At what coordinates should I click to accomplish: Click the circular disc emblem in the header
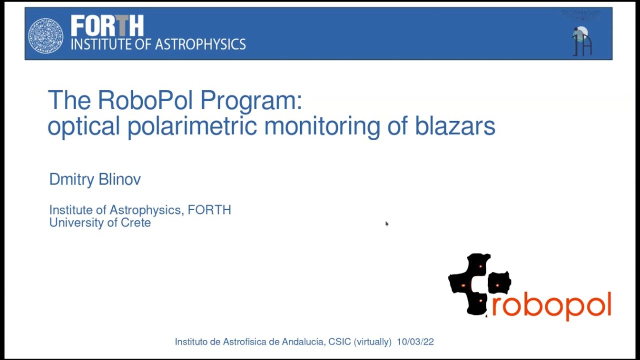click(45, 35)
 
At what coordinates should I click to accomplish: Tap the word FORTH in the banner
click(107, 25)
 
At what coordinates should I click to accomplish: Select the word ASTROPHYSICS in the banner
click(200, 44)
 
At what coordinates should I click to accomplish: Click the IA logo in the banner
click(581, 40)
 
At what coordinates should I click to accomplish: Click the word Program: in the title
click(251, 101)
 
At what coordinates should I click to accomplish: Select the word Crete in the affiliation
click(135, 222)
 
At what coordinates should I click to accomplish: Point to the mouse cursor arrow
click(386, 223)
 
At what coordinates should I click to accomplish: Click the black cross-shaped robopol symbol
click(479, 284)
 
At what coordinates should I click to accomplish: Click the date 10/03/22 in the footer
click(415, 342)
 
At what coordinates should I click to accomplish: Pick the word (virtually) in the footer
click(372, 342)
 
